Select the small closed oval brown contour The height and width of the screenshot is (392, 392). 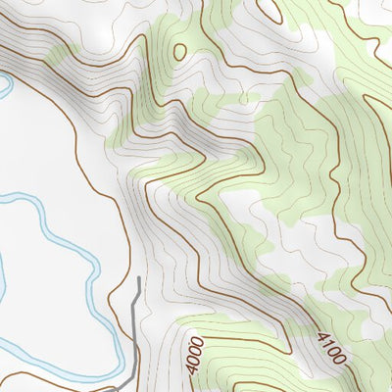[x=179, y=51]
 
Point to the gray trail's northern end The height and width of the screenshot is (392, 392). [x=138, y=278]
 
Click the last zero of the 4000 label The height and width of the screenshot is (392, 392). [x=197, y=342]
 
